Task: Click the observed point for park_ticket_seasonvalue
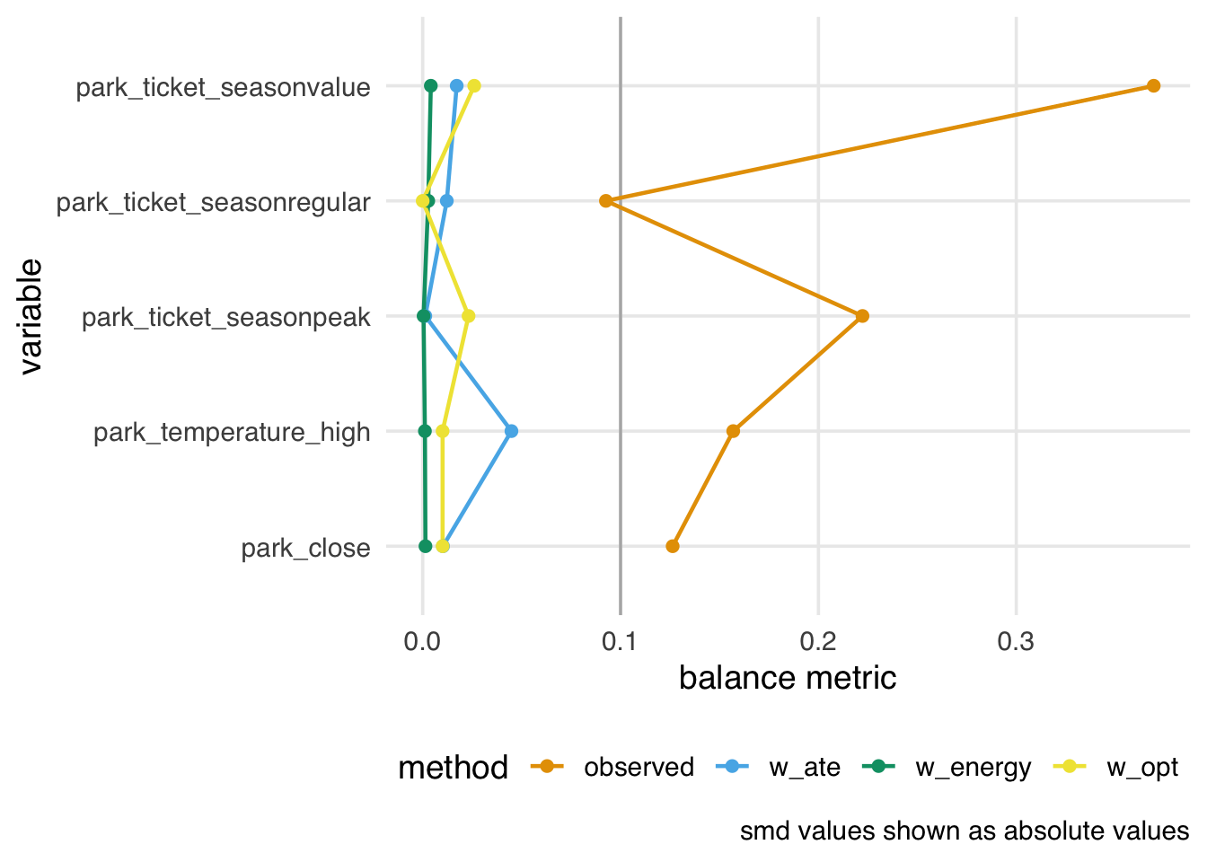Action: (x=1153, y=86)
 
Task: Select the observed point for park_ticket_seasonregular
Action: (x=606, y=201)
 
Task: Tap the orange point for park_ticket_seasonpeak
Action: (x=862, y=316)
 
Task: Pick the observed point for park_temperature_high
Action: (x=733, y=431)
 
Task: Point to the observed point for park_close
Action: (x=673, y=546)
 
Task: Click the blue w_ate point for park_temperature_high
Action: (x=511, y=431)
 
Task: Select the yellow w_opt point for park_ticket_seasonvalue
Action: (x=474, y=86)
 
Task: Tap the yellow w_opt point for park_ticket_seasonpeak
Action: (x=468, y=316)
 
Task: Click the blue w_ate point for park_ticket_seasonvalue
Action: (x=456, y=86)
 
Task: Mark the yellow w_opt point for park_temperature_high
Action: (x=442, y=431)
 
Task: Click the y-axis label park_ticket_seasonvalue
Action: (x=223, y=87)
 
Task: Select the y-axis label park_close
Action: (x=305, y=548)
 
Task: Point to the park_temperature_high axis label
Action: (x=232, y=433)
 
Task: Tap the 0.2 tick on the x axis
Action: (x=818, y=642)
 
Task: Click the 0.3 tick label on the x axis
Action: (x=1016, y=642)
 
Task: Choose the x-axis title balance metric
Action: (x=788, y=678)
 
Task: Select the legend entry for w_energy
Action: (x=973, y=768)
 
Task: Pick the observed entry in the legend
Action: (x=638, y=768)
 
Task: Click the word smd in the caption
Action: (x=760, y=831)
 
